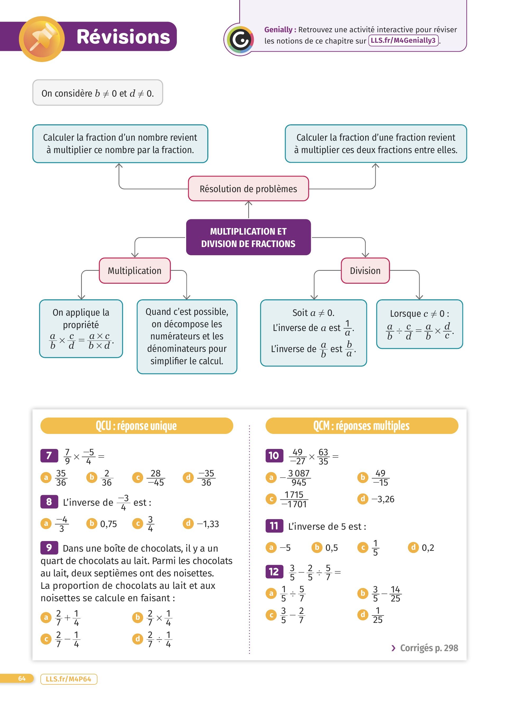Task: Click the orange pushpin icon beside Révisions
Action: click(41, 39)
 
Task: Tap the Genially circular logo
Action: click(240, 40)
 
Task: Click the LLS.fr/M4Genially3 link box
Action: click(403, 40)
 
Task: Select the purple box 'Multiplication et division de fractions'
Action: click(248, 237)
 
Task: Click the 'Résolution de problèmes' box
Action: click(248, 189)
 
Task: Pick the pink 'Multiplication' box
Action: click(134, 271)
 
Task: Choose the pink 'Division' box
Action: click(365, 271)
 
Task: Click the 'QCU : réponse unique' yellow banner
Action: click(136, 426)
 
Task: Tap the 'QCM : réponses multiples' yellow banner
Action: click(362, 426)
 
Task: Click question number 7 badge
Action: click(49, 456)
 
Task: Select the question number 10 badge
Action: click(274, 456)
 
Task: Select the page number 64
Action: click(22, 679)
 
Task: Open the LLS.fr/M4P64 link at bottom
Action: click(69, 679)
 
